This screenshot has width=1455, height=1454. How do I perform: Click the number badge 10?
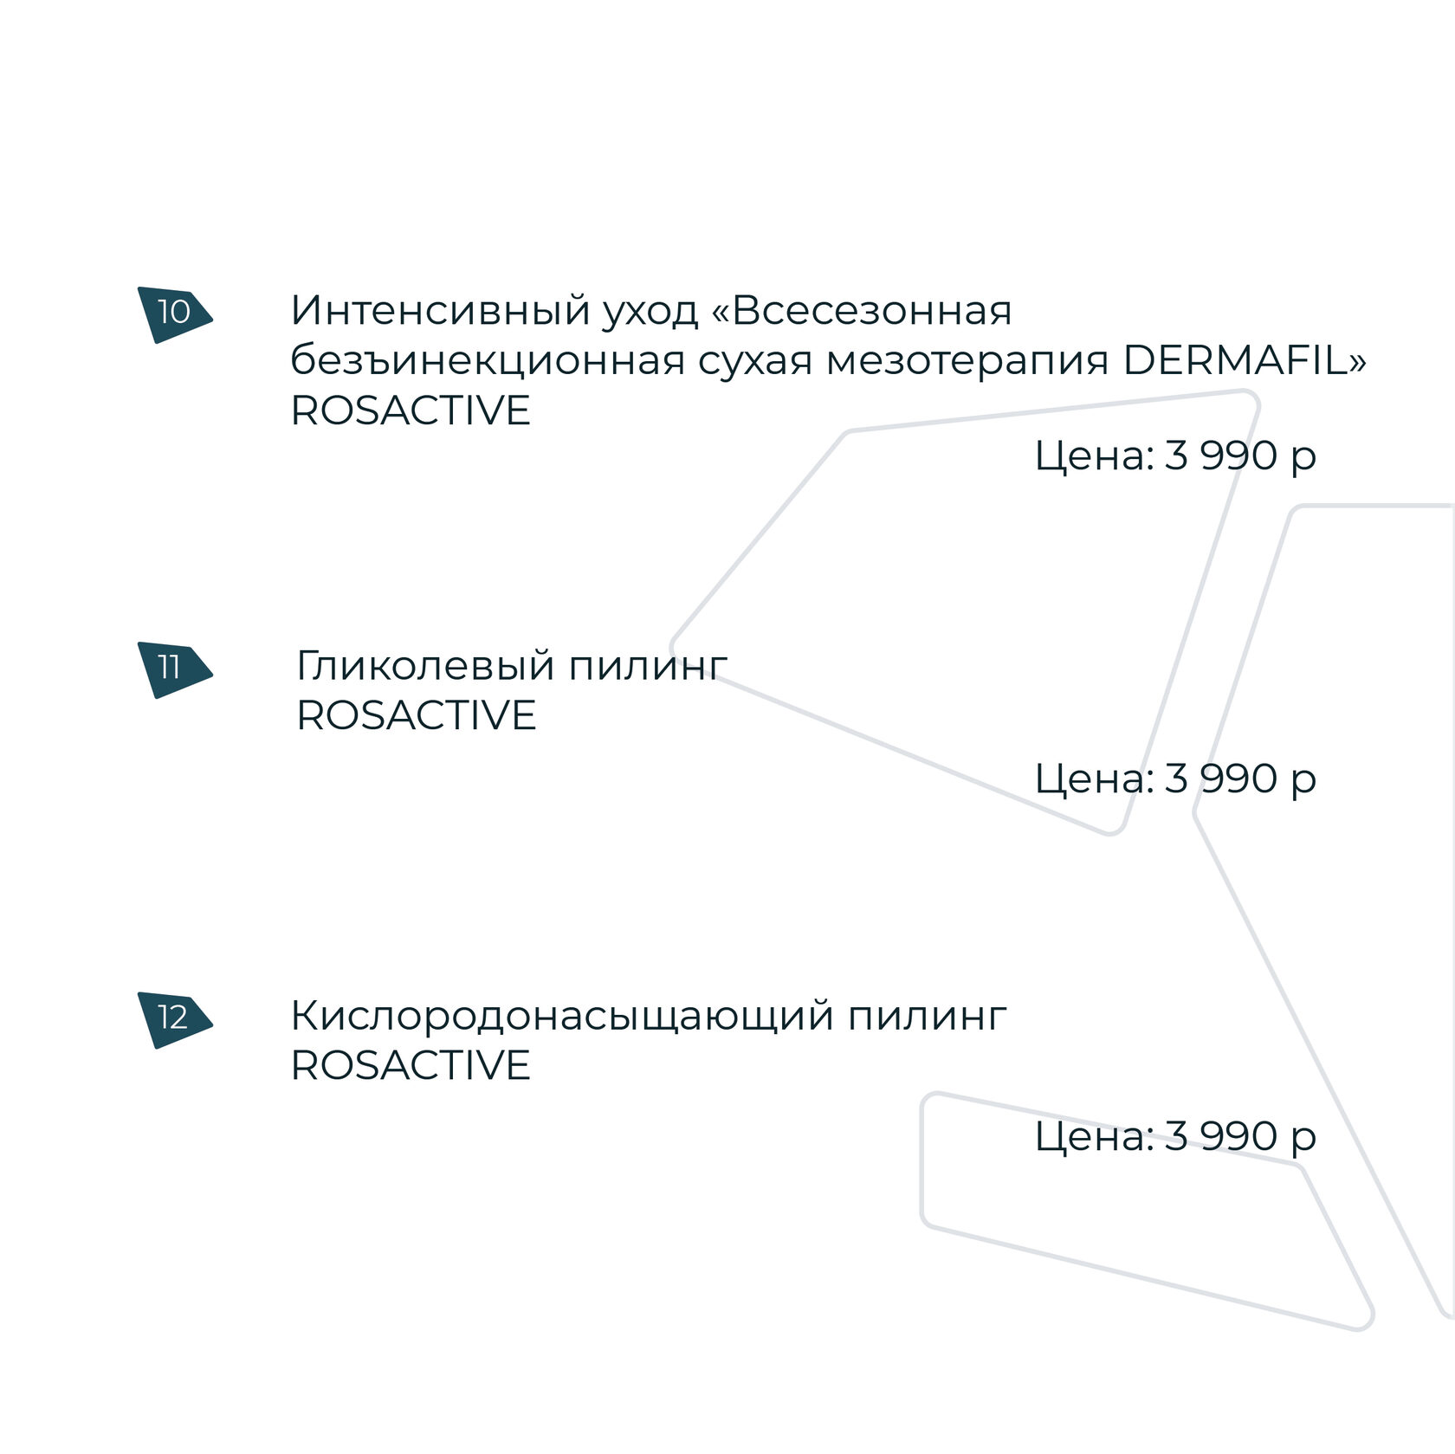pyautogui.click(x=174, y=313)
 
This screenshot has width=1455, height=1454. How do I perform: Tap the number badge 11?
pyautogui.click(x=172, y=669)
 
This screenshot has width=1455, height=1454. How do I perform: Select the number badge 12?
pyautogui.click(x=173, y=1018)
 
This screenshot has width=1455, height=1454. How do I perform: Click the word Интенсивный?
pyautogui.click(x=440, y=310)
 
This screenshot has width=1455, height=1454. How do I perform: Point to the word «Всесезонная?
pyautogui.click(x=861, y=310)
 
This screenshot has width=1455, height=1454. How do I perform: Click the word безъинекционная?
pyautogui.click(x=488, y=360)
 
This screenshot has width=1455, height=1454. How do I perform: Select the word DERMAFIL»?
pyautogui.click(x=1245, y=360)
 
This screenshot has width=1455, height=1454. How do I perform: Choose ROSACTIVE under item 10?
pyautogui.click(x=411, y=410)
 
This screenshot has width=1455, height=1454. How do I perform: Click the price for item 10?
pyautogui.click(x=1175, y=456)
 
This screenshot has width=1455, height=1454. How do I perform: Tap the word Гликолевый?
pyautogui.click(x=425, y=667)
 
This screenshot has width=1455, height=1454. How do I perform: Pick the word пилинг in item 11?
pyautogui.click(x=648, y=667)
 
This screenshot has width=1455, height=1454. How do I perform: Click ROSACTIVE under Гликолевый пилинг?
pyautogui.click(x=417, y=716)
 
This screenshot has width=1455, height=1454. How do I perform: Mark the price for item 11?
pyautogui.click(x=1175, y=779)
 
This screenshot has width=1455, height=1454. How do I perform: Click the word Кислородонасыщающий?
pyautogui.click(x=561, y=1017)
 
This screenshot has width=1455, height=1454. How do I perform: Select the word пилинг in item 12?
pyautogui.click(x=927, y=1017)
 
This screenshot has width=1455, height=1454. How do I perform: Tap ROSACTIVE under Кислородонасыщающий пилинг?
pyautogui.click(x=411, y=1066)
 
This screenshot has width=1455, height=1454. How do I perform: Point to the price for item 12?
pyautogui.click(x=1175, y=1137)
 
